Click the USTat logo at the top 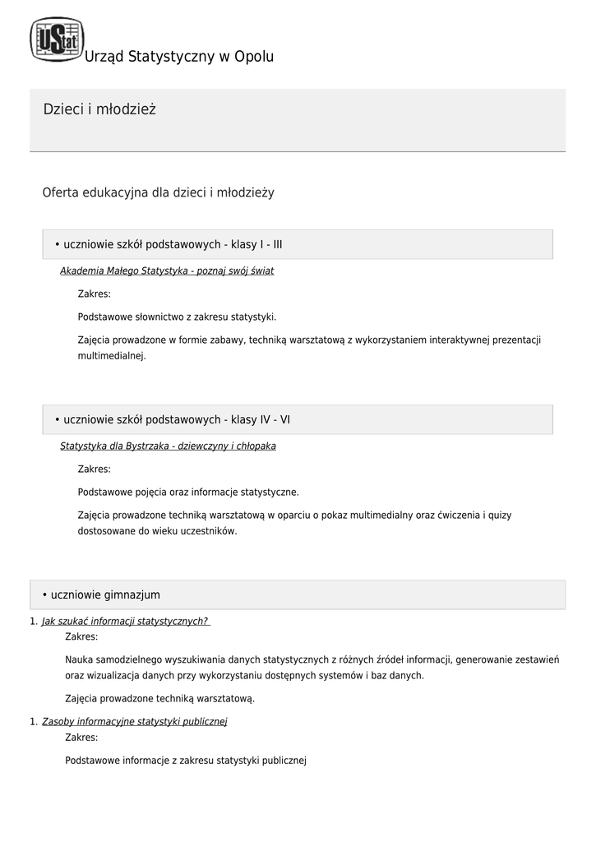[57, 39]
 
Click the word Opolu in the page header [254, 57]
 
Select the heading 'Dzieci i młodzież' [99, 110]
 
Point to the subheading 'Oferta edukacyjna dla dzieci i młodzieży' [158, 192]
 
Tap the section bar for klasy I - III [298, 244]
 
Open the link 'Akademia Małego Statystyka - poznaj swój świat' [167, 271]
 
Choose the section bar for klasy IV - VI [298, 419]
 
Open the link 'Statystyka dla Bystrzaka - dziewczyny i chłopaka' [168, 446]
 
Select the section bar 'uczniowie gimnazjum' [298, 594]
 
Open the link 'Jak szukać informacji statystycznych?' [125, 621]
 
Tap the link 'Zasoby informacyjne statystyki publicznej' [134, 721]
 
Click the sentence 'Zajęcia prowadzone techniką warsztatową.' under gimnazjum [159, 699]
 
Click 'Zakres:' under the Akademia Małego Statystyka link [94, 294]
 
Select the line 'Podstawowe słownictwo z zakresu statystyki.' [177, 317]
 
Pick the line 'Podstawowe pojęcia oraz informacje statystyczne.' [188, 492]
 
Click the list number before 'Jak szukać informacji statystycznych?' [34, 622]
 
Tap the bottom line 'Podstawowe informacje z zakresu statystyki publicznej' [186, 761]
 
